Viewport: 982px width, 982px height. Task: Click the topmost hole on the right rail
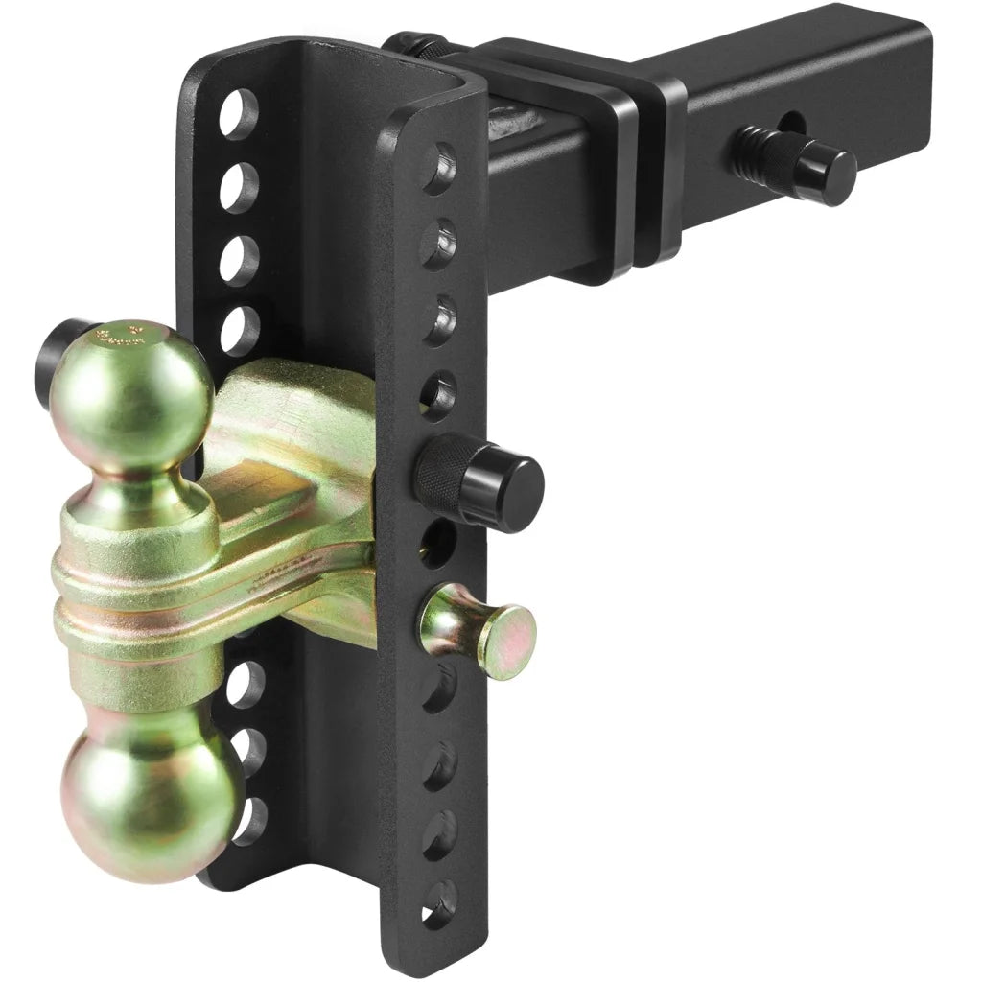coord(440,167)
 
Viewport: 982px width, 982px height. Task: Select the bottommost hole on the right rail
coord(440,901)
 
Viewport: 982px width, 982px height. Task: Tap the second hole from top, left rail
coord(239,188)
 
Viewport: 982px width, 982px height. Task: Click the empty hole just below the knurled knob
coord(438,541)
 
